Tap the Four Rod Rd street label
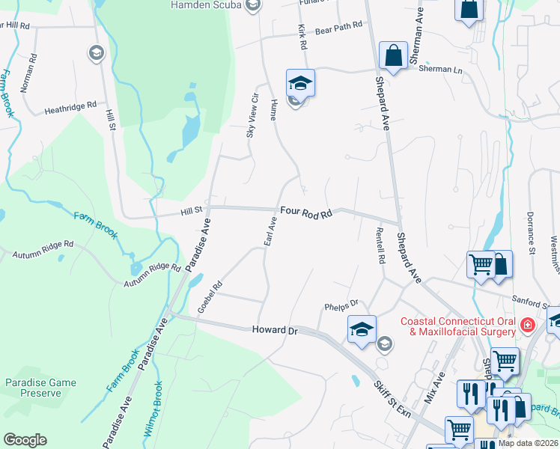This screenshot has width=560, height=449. [306, 213]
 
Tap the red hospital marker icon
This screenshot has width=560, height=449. [528, 325]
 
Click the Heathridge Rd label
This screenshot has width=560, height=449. [71, 106]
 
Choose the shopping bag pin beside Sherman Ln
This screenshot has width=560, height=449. [392, 55]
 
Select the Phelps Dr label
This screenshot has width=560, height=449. [341, 304]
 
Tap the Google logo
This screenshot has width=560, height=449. [25, 440]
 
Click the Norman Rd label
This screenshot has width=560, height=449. [28, 72]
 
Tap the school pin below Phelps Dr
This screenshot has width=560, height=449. [361, 329]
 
